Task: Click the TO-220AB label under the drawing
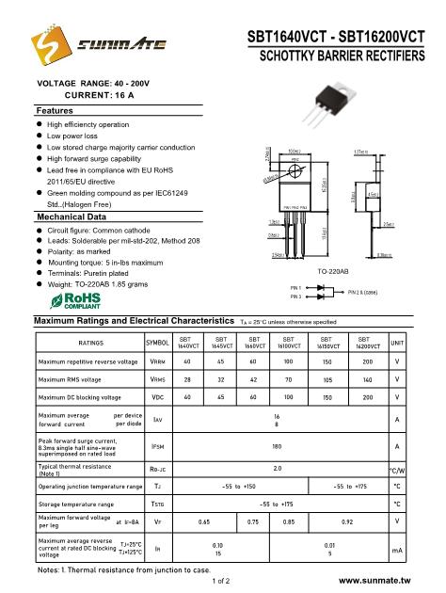(333, 245)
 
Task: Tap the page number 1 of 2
(223, 582)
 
